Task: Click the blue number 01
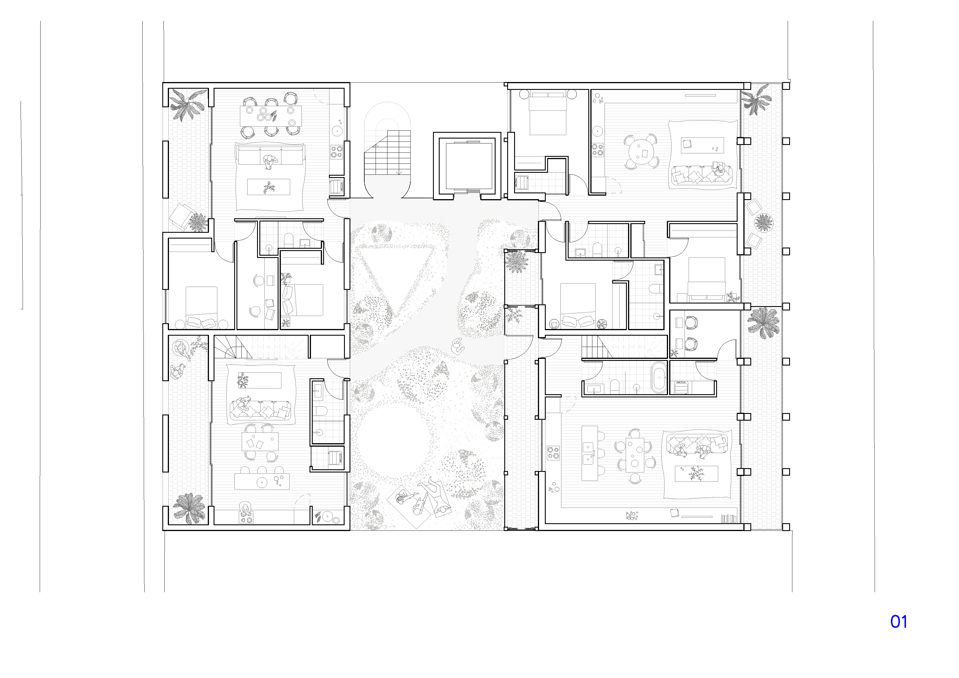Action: point(898,621)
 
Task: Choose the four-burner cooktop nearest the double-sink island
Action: point(554,453)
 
